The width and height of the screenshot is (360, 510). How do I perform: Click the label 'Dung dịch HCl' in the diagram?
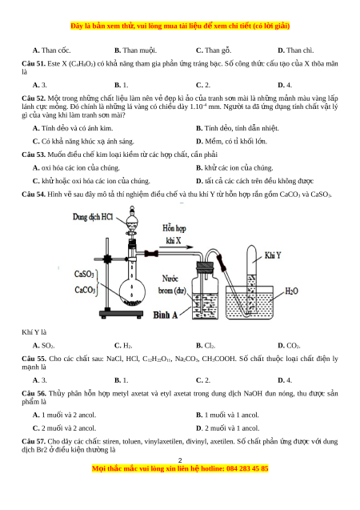click(x=93, y=217)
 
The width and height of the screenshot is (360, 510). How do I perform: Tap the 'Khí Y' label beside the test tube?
click(x=273, y=255)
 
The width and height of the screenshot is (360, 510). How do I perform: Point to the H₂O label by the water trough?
click(x=291, y=291)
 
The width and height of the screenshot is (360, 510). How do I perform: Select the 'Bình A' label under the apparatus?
click(x=166, y=315)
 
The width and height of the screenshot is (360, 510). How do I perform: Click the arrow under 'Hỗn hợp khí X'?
click(x=177, y=247)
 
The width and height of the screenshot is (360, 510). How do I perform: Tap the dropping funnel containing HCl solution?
click(x=132, y=221)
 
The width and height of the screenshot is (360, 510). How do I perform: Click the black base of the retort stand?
click(x=121, y=314)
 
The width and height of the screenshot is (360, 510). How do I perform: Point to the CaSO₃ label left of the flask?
click(x=84, y=274)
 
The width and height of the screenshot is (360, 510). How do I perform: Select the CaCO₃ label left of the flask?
click(x=85, y=290)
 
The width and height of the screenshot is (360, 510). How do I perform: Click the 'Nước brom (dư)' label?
click(x=172, y=284)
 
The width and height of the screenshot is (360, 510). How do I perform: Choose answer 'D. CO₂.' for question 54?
click(x=289, y=345)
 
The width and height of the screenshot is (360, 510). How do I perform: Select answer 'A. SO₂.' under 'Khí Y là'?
click(x=43, y=345)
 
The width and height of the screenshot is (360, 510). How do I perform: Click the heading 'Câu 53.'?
click(x=34, y=155)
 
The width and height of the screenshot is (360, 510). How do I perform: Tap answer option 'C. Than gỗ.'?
click(x=214, y=50)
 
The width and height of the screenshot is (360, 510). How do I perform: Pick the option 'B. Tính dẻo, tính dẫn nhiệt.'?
click(x=237, y=128)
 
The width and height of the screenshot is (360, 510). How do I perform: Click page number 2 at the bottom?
click(x=180, y=460)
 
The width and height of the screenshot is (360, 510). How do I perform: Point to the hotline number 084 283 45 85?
click(x=247, y=468)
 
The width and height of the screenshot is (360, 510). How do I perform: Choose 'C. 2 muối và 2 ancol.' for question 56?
click(x=64, y=428)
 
